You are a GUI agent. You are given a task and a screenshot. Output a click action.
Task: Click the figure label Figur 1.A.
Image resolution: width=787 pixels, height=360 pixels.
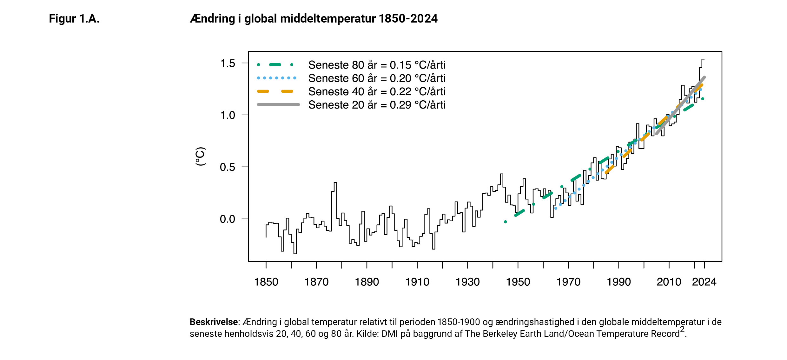point(74,19)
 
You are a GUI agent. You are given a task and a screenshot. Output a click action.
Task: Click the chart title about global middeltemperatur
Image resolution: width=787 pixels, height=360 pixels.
point(314,19)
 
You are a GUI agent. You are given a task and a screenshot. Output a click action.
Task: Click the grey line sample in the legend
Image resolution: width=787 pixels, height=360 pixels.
point(278,104)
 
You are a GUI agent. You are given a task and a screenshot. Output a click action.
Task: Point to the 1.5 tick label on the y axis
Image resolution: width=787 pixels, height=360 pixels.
point(228,63)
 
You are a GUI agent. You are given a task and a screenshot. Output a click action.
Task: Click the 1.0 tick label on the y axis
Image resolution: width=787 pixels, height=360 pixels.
point(228,115)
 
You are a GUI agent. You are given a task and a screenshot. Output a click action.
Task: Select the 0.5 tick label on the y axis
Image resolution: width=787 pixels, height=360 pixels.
point(228,167)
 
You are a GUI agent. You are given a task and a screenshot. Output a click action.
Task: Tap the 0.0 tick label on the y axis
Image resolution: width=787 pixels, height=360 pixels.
point(228,219)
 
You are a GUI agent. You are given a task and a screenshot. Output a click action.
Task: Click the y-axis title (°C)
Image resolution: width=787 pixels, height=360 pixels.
point(201,157)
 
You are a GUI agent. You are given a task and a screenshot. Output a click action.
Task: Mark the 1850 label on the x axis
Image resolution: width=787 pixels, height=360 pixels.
point(266,282)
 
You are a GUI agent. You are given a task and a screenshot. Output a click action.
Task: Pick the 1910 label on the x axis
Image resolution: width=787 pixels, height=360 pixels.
point(417,282)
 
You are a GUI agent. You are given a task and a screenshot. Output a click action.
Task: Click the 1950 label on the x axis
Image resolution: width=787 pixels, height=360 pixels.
point(518,282)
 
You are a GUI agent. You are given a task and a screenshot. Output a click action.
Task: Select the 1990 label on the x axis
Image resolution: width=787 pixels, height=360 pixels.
point(618,282)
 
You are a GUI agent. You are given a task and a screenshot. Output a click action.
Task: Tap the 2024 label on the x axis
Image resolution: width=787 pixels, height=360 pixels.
point(704,282)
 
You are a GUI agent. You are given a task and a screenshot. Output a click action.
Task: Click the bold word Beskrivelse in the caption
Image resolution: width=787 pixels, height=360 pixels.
point(214,322)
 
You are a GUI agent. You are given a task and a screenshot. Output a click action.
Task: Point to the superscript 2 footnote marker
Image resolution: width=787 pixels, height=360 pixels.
point(682,330)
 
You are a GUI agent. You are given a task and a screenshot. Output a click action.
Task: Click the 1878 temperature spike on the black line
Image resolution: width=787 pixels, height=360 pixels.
point(335,183)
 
